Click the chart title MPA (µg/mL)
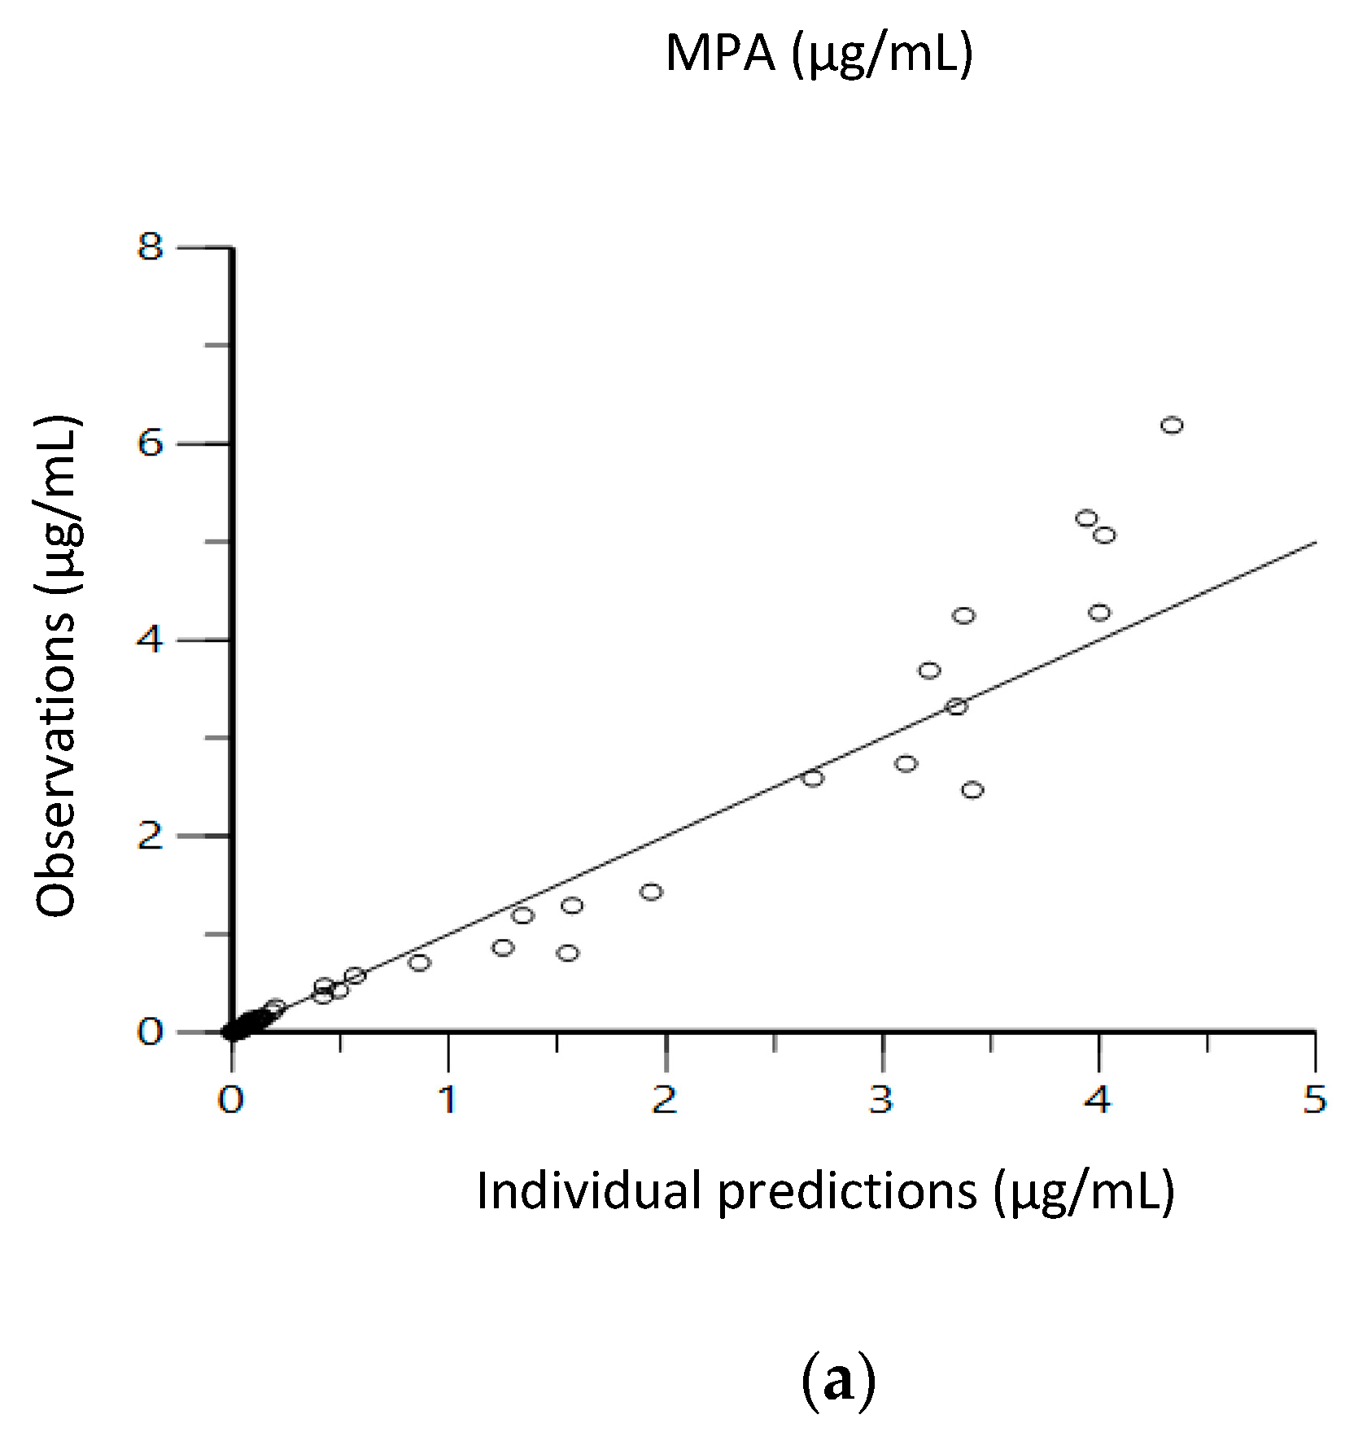point(819,54)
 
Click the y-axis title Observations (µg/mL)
point(57,666)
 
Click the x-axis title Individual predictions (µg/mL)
point(825,1191)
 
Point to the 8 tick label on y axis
point(151,246)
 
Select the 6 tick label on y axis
point(151,443)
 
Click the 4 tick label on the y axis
point(151,640)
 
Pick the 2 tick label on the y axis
point(151,836)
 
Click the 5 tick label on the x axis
point(1315,1100)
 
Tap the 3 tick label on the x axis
point(881,1100)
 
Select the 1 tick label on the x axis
point(448,1100)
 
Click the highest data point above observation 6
point(1171,425)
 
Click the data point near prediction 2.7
point(813,779)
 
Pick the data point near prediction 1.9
point(651,892)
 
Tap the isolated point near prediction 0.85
point(419,963)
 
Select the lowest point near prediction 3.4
point(972,790)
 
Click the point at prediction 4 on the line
point(1099,613)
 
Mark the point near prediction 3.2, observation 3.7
point(929,670)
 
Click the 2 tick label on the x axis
point(665,1100)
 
